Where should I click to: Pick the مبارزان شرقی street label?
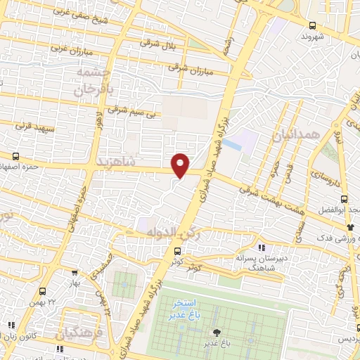point(189,69)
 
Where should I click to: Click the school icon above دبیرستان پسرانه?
point(262,247)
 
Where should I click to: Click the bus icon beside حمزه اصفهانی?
point(16,157)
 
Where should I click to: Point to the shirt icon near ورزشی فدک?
point(351,226)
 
